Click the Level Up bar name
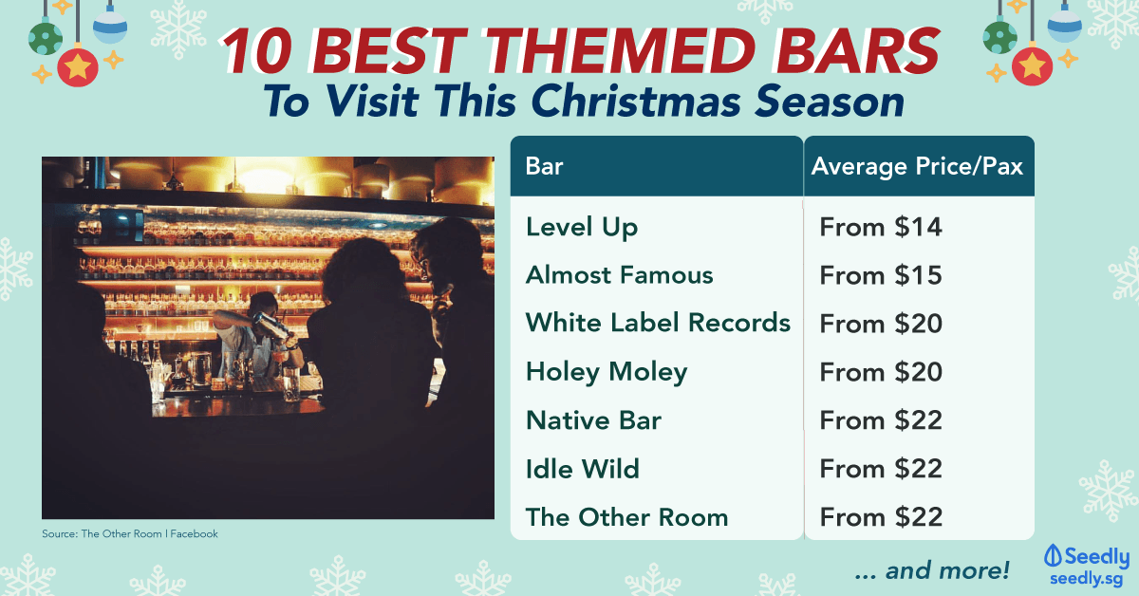click(582, 228)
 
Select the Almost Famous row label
click(619, 275)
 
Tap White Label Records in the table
click(658, 323)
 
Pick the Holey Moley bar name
click(607, 372)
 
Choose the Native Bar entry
click(593, 420)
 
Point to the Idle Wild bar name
click(582, 469)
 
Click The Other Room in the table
click(627, 517)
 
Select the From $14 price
click(881, 228)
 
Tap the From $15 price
click(881, 275)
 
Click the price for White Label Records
click(881, 324)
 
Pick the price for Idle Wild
click(881, 469)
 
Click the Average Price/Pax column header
click(917, 166)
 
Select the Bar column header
click(544, 166)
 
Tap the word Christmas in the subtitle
click(636, 102)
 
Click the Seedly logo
click(1087, 565)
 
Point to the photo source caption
click(130, 534)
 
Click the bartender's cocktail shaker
click(271, 326)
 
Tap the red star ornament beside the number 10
click(77, 67)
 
